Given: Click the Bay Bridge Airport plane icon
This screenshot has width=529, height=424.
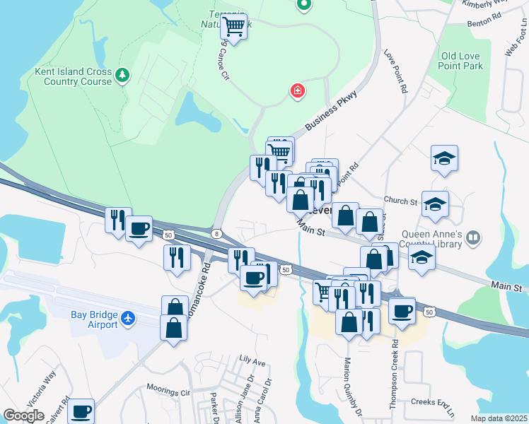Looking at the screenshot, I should click(x=128, y=319).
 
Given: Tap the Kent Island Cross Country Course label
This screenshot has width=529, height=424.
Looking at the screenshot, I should click(x=74, y=76).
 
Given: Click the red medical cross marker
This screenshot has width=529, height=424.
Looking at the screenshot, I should click(x=298, y=90).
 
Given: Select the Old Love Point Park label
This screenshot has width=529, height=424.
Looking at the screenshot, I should click(x=461, y=61).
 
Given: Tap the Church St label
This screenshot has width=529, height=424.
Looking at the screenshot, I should click(x=401, y=201).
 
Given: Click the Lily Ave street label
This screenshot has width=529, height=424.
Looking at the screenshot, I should click(x=252, y=363).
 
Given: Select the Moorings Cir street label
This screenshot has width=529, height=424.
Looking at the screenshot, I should click(x=168, y=389).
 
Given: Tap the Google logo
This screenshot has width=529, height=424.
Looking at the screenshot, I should click(x=23, y=416).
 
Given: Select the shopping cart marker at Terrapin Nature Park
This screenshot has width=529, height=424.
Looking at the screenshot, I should click(x=233, y=28).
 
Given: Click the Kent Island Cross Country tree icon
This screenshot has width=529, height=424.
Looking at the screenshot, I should click(x=122, y=74).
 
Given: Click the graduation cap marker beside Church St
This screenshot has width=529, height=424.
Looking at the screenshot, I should click(x=434, y=205).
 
